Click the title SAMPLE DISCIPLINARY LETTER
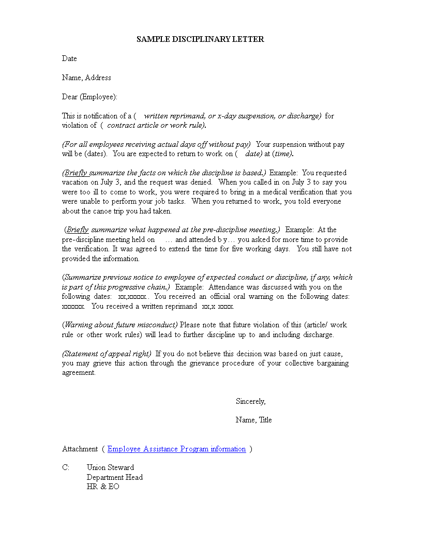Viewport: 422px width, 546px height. [200, 39]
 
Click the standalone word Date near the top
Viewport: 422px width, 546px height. [69, 58]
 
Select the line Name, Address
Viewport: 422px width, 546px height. [86, 78]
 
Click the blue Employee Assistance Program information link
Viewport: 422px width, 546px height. [176, 449]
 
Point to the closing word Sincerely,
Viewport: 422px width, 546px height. [250, 401]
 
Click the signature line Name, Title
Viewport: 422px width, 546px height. [253, 420]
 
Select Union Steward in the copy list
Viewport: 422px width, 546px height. [110, 467]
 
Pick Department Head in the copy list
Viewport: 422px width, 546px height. [114, 477]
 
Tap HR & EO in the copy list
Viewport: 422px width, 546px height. [103, 487]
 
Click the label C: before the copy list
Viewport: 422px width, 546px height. [66, 467]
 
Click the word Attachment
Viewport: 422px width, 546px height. [80, 449]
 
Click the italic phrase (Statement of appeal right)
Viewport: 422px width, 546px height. [107, 354]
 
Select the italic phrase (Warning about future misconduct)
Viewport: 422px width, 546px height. [120, 325]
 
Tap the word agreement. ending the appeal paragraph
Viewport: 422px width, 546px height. [79, 373]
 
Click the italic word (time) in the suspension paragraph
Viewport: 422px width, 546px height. [282, 154]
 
